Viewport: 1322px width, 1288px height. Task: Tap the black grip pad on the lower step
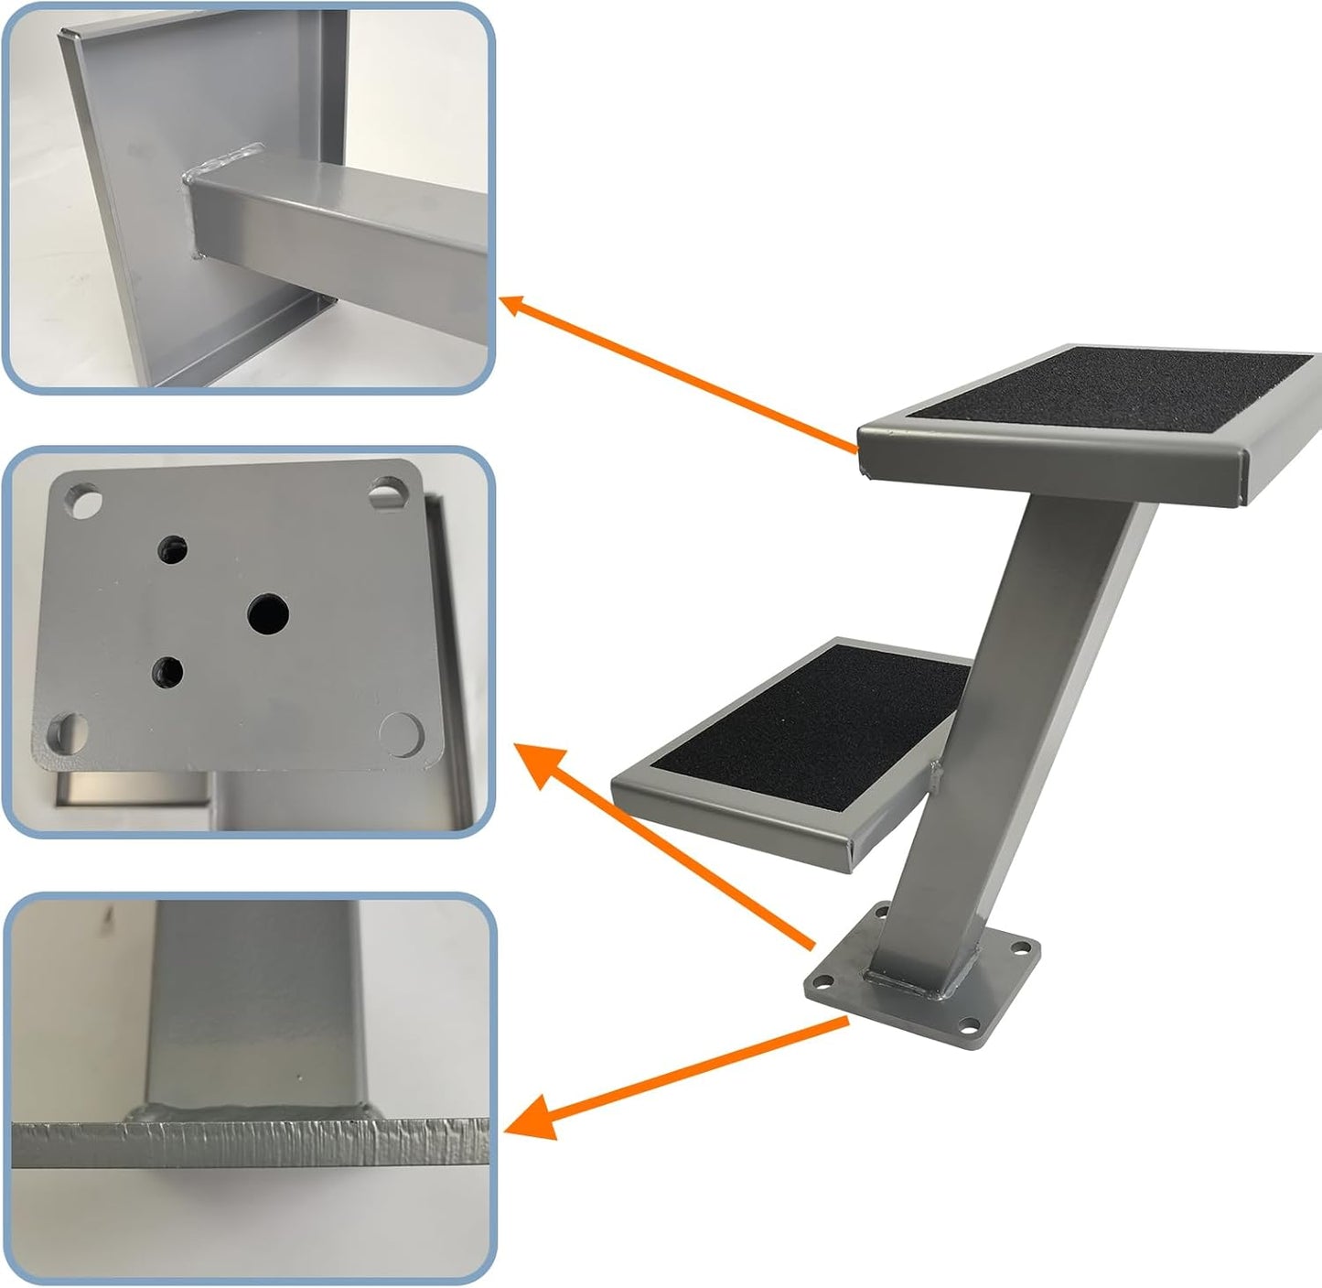pyautogui.click(x=805, y=723)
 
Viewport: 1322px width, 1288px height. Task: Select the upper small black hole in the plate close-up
pyautogui.click(x=173, y=549)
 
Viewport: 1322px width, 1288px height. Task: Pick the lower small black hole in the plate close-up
pyautogui.click(x=167, y=673)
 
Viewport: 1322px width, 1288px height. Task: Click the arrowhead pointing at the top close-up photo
pyautogui.click(x=514, y=305)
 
